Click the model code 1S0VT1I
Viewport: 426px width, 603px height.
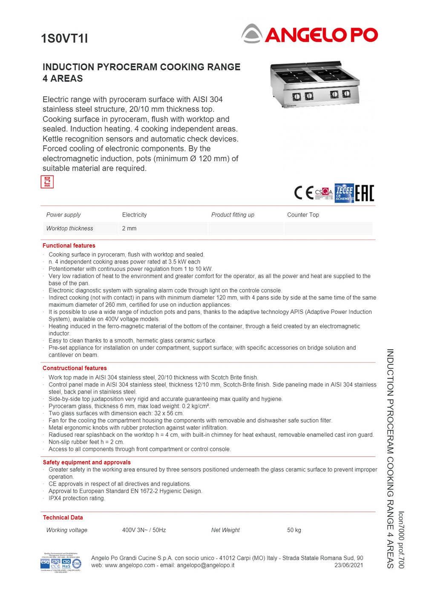click(64, 38)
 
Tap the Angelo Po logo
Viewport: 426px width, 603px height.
click(310, 34)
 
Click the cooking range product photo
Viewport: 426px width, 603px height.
click(314, 84)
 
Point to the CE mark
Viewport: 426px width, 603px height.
click(304, 193)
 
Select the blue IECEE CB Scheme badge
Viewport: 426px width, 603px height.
click(344, 193)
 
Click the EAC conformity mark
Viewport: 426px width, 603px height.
click(365, 193)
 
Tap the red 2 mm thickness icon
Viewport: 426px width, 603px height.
click(47, 182)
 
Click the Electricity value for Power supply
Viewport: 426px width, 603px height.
click(134, 215)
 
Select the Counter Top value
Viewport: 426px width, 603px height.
click(303, 215)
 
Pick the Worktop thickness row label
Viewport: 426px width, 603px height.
click(69, 229)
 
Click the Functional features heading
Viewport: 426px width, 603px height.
click(69, 246)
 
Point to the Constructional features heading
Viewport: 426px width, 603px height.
click(75, 368)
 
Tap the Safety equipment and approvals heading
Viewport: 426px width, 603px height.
click(86, 462)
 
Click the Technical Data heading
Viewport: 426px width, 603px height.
click(63, 517)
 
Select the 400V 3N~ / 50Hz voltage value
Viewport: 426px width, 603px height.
click(144, 530)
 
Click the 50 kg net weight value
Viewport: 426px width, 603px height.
click(294, 530)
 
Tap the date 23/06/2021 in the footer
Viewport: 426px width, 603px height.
click(348, 565)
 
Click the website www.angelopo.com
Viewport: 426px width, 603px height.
click(130, 565)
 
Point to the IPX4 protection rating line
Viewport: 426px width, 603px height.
click(77, 498)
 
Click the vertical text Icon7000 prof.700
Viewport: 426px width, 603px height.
click(401, 539)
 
